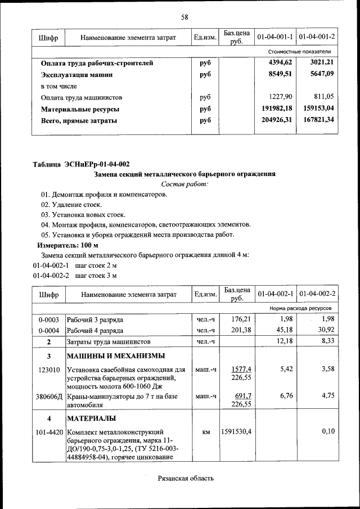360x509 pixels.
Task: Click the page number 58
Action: coord(184,17)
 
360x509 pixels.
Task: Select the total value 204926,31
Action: coord(276,120)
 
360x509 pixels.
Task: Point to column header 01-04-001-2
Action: coord(317,37)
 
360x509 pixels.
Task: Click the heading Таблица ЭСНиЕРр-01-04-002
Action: coord(82,164)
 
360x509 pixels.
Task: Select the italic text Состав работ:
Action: coord(184,184)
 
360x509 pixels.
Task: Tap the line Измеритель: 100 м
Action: coord(67,245)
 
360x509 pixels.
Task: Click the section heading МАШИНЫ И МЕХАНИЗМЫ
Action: coord(116,356)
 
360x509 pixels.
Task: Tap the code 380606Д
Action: coord(49,397)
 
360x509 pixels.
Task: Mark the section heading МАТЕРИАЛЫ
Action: coord(92,418)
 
